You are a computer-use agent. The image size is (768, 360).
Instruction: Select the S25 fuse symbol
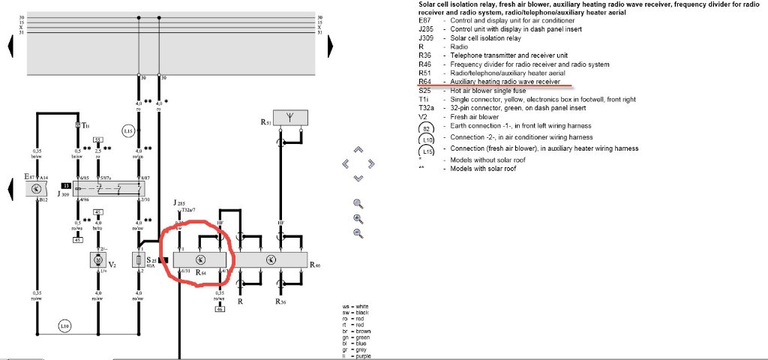(138, 259)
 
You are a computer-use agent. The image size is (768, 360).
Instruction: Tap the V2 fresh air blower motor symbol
(96, 259)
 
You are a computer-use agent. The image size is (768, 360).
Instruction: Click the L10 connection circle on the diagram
(66, 327)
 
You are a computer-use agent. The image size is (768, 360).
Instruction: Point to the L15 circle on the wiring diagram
(128, 132)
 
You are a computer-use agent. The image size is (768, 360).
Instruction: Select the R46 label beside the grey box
(316, 266)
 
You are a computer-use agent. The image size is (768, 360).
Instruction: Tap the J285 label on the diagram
(178, 203)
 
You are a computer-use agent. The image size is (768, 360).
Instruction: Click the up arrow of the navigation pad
(358, 148)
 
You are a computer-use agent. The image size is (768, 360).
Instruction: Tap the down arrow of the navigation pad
(358, 178)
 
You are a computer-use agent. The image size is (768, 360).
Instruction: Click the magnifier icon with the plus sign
(358, 218)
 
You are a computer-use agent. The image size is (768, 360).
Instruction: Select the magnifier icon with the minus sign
(358, 233)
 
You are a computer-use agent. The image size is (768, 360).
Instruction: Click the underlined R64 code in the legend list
(425, 82)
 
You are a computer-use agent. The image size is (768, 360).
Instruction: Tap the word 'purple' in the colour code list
(366, 356)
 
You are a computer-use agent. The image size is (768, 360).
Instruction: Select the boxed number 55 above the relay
(97, 140)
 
